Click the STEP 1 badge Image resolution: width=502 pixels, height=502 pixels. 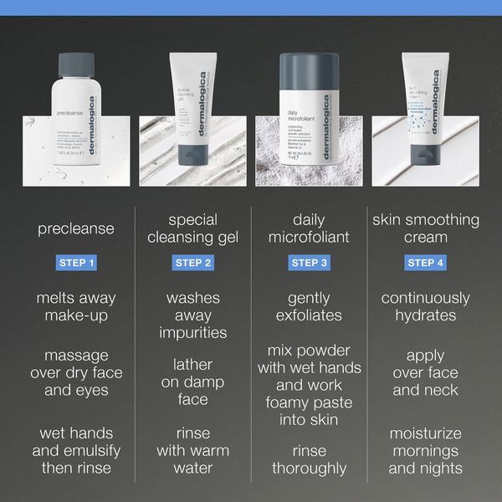(76, 263)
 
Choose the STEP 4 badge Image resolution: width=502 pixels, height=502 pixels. (425, 263)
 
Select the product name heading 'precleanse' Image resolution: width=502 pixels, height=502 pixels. (76, 228)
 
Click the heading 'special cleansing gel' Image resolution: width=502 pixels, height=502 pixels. (192, 228)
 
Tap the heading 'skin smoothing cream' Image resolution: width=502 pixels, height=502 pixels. (425, 228)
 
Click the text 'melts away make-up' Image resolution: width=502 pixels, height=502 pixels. (76, 306)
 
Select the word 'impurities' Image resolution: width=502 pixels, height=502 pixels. (192, 332)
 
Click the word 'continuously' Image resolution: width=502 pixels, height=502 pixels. (425, 298)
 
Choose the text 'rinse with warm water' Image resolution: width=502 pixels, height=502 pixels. (192, 451)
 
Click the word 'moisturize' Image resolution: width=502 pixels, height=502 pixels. (425, 433)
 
